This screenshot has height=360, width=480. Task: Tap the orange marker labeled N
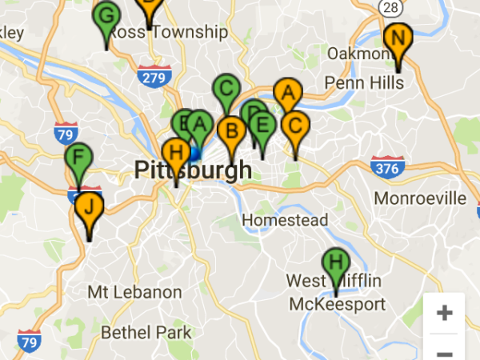point(398,38)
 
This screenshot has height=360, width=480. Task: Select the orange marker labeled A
point(287,94)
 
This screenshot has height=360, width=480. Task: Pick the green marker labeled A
point(200,125)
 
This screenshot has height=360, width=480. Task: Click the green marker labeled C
point(226,87)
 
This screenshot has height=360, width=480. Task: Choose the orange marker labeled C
point(295,126)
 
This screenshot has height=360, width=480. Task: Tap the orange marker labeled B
point(232,130)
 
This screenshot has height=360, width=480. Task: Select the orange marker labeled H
point(177,152)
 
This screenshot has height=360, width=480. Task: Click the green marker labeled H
point(336,262)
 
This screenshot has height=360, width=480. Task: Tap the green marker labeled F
point(78,157)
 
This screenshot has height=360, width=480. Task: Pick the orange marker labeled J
point(90,206)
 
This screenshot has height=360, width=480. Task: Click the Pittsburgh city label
point(193,170)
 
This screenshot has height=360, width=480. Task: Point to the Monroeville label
point(420,198)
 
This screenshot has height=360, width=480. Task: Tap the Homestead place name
point(285,219)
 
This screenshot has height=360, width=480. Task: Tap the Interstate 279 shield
point(151,78)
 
